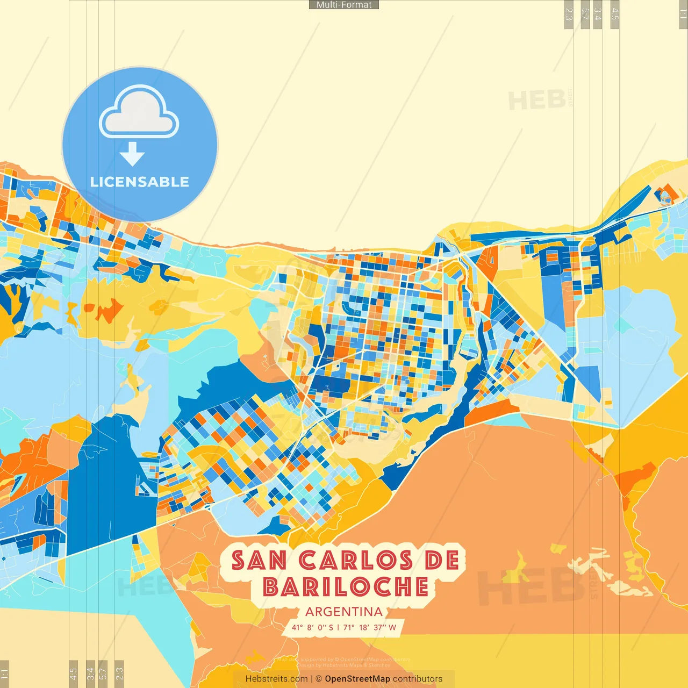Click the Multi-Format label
pyautogui.click(x=344, y=5)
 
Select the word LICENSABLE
pyautogui.click(x=140, y=182)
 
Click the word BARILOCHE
pyautogui.click(x=346, y=587)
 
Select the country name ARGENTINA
pyautogui.click(x=344, y=612)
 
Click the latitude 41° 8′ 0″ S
pyautogui.click(x=312, y=627)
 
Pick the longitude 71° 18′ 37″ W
pyautogui.click(x=370, y=627)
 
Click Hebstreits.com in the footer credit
pyautogui.click(x=276, y=679)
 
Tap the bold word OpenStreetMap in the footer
pyautogui.click(x=357, y=679)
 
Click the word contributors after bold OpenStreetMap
pyautogui.click(x=418, y=679)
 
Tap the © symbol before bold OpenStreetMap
pyautogui.click(x=319, y=679)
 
